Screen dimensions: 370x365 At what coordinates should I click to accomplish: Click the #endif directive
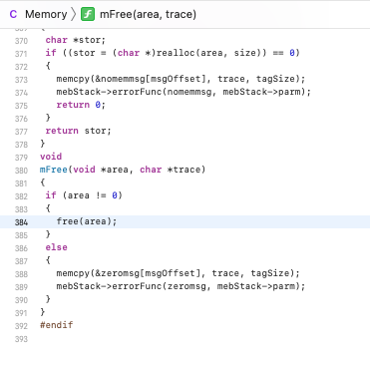tap(56, 324)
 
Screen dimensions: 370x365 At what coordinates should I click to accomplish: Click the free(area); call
tap(87, 220)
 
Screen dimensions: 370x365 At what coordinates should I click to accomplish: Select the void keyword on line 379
tap(50, 156)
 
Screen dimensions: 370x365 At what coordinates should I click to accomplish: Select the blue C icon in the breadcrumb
tap(13, 15)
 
